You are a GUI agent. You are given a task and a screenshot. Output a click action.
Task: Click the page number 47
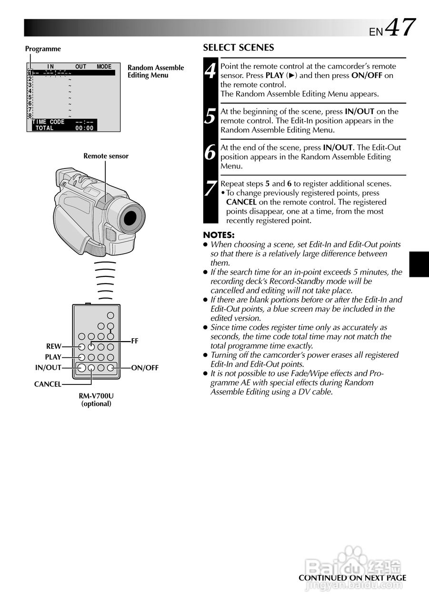click(400, 28)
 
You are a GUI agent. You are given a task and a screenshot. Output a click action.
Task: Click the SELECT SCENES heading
click(239, 48)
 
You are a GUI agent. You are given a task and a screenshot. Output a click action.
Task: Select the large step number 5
click(210, 117)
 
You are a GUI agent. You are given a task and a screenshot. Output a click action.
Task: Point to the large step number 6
click(210, 153)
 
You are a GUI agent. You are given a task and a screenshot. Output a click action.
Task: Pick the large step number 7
click(210, 189)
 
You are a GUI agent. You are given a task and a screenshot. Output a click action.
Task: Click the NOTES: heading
click(219, 235)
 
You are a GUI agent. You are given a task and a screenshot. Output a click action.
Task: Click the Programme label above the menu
click(43, 49)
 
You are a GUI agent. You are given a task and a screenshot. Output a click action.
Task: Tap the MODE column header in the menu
click(104, 67)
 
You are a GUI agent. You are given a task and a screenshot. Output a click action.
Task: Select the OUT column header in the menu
click(80, 67)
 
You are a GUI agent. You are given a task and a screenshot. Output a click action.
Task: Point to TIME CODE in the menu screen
click(48, 122)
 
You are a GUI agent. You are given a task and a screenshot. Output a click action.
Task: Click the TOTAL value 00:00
click(84, 128)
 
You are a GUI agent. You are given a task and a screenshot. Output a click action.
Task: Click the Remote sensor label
click(106, 156)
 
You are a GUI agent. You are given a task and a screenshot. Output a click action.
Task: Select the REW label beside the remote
click(54, 347)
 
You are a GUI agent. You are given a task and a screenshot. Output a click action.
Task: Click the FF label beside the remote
click(135, 341)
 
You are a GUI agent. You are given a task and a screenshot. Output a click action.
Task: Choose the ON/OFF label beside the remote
click(145, 368)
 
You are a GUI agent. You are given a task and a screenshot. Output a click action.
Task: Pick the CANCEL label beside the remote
click(48, 384)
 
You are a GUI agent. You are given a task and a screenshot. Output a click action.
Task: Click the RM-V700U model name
click(96, 396)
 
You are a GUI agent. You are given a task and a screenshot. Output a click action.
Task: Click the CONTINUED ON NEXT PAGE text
click(352, 578)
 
